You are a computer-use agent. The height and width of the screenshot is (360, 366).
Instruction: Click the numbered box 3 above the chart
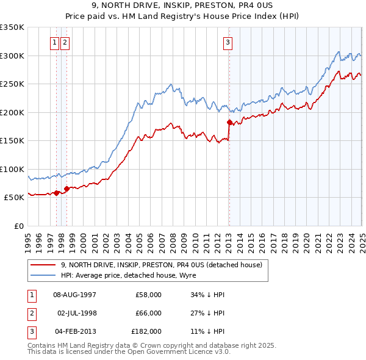coord(228,43)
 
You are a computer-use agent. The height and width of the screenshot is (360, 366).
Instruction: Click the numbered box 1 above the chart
coord(55,43)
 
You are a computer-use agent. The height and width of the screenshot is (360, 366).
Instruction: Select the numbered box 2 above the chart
coord(65,43)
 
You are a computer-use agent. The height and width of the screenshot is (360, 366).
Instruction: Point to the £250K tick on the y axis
coord(12,84)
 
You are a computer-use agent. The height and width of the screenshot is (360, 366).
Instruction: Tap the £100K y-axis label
coord(12,169)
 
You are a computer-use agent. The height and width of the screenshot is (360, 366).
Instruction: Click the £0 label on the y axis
coord(18,226)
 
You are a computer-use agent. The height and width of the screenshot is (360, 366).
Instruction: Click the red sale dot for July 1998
coord(66,189)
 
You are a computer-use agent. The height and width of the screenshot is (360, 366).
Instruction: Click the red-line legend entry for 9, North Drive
coord(162,265)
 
